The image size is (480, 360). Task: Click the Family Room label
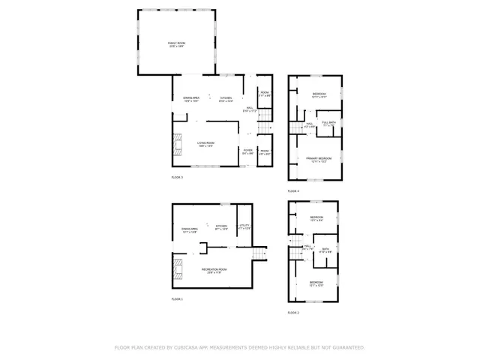176,46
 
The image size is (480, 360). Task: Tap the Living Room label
205,144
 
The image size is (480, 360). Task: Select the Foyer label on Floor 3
247,151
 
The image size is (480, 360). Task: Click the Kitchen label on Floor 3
226,100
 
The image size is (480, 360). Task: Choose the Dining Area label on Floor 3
190,100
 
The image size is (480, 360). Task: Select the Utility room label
244,227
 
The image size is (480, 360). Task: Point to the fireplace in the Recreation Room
177,269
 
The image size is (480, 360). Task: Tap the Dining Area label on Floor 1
189,230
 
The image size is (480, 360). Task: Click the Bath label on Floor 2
325,250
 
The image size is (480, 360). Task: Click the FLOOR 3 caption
177,177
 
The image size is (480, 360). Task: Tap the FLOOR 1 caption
177,299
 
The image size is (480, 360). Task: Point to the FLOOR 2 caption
293,312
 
